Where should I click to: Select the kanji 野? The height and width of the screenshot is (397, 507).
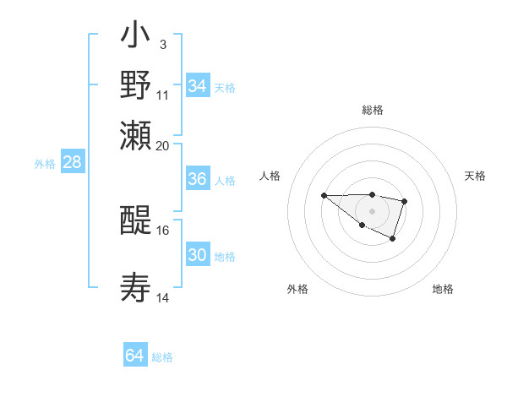click(x=135, y=86)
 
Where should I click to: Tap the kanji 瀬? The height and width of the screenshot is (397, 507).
click(x=135, y=134)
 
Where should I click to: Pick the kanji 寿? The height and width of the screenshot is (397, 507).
click(x=135, y=287)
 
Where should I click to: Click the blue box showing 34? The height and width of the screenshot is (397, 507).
click(x=197, y=86)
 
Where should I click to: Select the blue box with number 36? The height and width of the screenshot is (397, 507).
click(x=197, y=179)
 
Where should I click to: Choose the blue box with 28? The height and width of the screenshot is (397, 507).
click(x=72, y=163)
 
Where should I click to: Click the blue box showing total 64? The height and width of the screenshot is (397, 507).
click(x=134, y=356)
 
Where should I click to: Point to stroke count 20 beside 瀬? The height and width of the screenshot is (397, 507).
click(x=163, y=145)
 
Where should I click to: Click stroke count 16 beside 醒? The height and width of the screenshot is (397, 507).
click(x=163, y=230)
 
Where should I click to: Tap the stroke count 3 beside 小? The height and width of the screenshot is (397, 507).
click(x=162, y=43)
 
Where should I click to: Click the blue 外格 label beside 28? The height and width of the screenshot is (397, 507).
click(x=45, y=164)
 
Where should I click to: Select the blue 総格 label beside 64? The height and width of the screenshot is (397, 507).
click(x=162, y=357)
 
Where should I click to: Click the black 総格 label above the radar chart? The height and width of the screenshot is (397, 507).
click(x=372, y=110)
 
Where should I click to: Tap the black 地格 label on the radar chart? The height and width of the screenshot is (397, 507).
click(x=443, y=290)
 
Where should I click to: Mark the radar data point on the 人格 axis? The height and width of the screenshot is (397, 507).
click(x=324, y=195)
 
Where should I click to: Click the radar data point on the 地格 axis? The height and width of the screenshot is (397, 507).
click(x=393, y=240)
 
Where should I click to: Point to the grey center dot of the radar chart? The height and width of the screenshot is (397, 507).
click(x=372, y=210)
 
